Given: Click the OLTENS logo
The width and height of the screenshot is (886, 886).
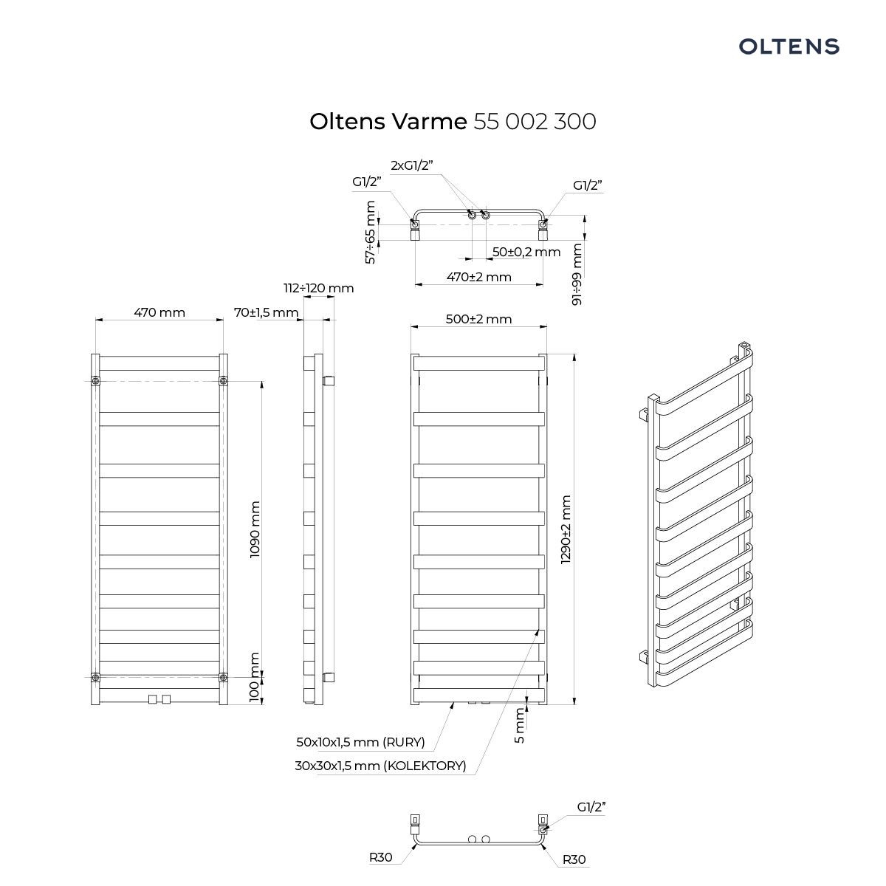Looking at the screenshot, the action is pos(789,47).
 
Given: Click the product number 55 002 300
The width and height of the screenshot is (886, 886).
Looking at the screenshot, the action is pos(535,122).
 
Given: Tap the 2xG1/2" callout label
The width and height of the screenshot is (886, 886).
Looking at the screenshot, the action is pos(412,165).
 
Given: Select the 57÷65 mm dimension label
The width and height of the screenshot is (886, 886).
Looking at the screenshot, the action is pos(371,232).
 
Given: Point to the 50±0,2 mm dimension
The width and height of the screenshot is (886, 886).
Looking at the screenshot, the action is pos(526,252).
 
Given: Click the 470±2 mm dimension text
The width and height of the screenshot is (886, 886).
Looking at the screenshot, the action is pos(478,277).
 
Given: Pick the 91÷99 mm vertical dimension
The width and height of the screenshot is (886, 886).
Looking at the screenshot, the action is pos(577,274).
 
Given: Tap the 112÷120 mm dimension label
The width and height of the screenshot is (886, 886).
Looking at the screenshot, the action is pos(319,288).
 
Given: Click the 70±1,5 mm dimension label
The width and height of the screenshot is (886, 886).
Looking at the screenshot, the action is pos(267,312).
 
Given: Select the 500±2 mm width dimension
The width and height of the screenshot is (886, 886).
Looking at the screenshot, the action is pos(478,319).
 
